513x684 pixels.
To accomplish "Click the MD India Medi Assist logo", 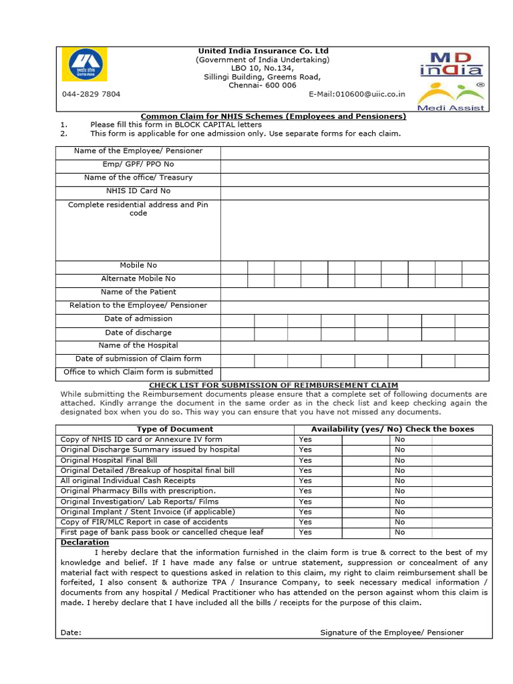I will (451, 79).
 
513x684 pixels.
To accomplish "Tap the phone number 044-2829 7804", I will (92, 94).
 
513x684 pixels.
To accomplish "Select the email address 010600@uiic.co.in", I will (361, 94).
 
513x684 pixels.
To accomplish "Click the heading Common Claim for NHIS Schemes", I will (273, 116).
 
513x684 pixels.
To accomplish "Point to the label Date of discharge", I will (138, 332).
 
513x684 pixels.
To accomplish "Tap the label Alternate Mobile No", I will (138, 279).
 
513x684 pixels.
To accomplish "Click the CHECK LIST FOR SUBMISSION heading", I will (273, 385).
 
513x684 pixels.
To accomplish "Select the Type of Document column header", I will (175, 429).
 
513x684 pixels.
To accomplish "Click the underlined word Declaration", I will (85, 542).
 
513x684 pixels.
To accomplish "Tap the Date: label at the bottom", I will (71, 633).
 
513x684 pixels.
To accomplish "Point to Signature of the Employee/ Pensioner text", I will (391, 633).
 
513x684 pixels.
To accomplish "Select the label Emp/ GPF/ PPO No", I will (138, 164).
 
